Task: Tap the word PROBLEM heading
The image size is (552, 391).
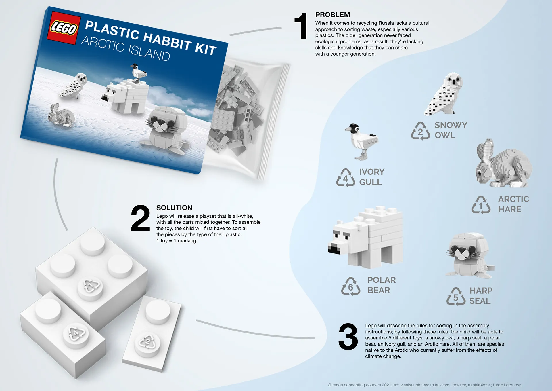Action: (x=333, y=15)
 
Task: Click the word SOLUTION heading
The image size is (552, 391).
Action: (x=174, y=208)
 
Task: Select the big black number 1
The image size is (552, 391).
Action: (x=301, y=26)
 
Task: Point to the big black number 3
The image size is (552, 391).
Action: (x=348, y=337)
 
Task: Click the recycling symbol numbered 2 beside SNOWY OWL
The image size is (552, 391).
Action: (x=420, y=131)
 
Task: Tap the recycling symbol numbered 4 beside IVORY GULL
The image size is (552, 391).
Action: (x=345, y=178)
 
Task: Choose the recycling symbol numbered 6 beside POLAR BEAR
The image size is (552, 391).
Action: (x=350, y=286)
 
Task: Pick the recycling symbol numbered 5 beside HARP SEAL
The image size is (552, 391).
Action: (x=456, y=297)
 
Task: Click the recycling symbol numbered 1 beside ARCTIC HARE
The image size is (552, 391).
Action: (x=481, y=205)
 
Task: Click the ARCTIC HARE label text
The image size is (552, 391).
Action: (x=513, y=204)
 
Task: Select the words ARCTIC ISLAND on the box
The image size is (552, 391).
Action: (x=126, y=48)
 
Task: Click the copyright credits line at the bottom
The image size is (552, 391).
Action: (x=424, y=385)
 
